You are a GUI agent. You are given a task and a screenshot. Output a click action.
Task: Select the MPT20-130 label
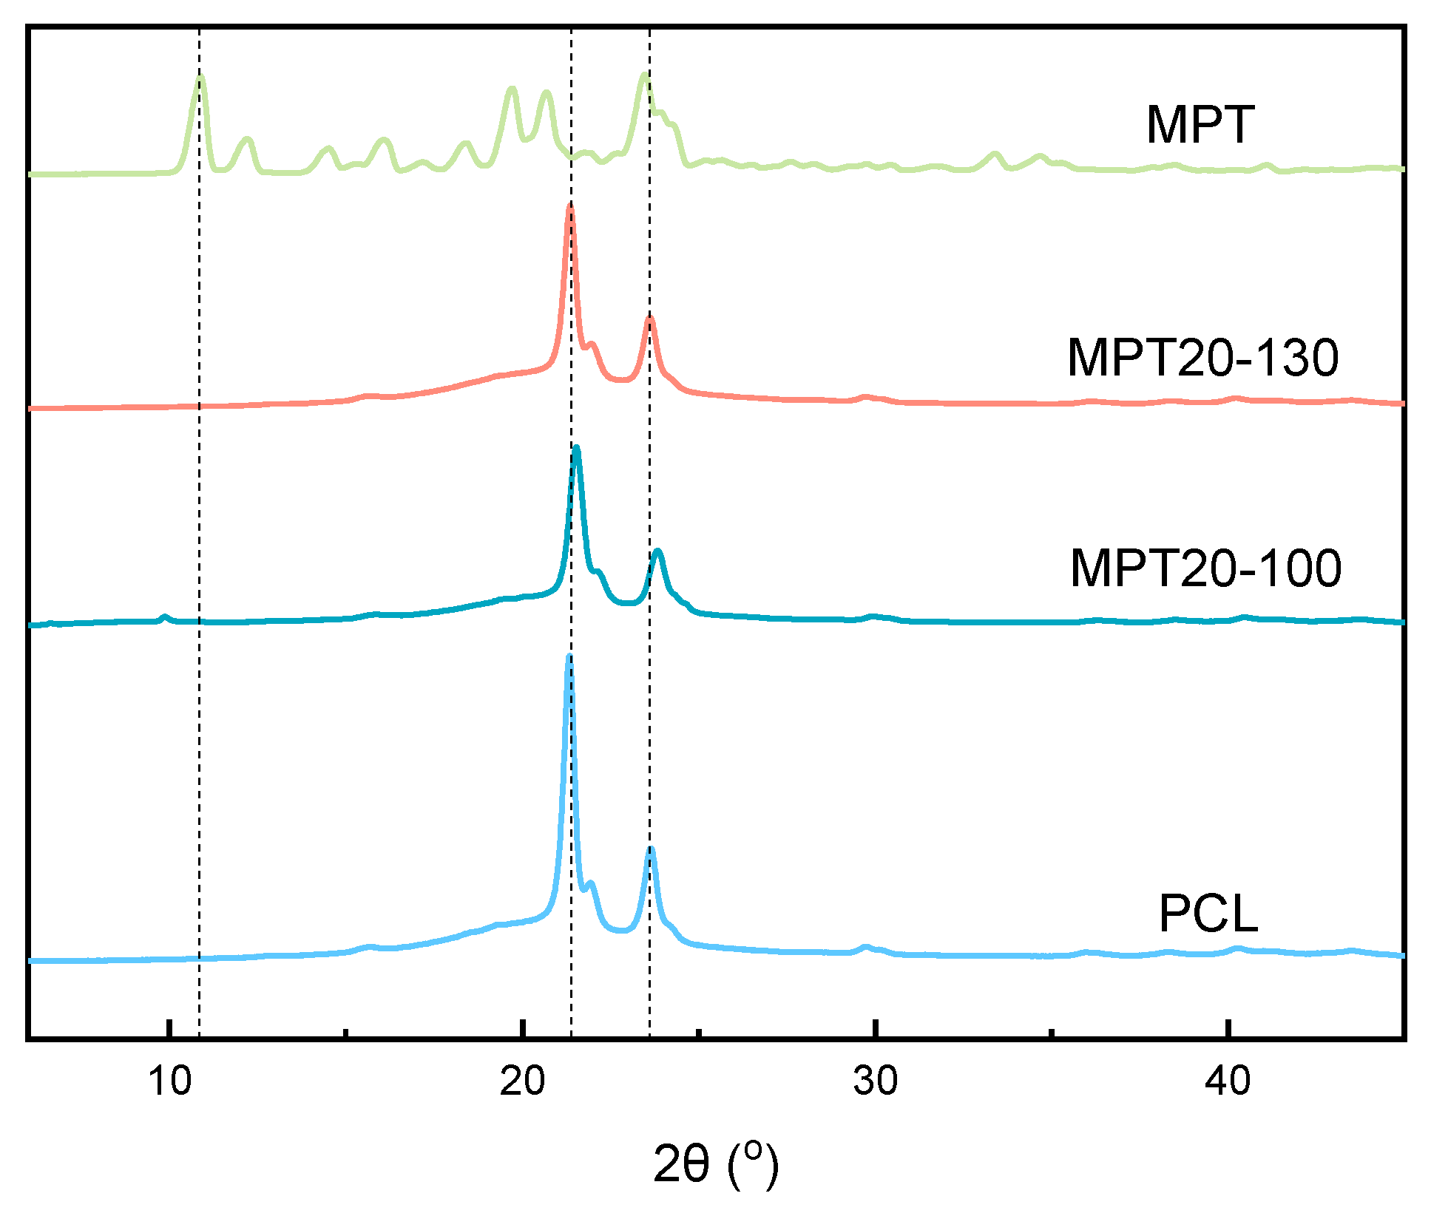click(1202, 358)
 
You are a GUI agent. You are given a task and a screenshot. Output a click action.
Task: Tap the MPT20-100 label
click(1205, 568)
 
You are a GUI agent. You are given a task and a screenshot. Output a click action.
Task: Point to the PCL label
click(1208, 914)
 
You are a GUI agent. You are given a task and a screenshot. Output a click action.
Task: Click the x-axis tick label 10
click(170, 1081)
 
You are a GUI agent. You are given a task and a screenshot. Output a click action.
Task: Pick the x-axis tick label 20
click(522, 1081)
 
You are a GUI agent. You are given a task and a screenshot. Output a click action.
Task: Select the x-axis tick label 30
click(875, 1081)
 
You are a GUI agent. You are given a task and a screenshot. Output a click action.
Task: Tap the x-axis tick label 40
click(1228, 1081)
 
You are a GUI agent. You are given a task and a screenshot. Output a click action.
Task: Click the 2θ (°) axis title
click(716, 1164)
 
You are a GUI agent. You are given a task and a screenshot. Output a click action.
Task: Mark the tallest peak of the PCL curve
click(569, 656)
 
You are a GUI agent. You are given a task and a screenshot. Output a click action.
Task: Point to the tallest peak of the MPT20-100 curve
click(576, 447)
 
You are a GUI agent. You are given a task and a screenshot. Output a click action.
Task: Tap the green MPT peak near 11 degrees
click(200, 77)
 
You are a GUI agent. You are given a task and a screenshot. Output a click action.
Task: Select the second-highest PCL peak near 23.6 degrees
click(650, 849)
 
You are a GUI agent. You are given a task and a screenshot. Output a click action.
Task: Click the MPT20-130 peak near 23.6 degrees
click(649, 318)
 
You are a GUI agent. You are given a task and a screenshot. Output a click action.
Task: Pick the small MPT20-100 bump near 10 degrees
click(165, 616)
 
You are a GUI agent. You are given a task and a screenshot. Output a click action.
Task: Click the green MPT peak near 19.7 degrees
click(511, 89)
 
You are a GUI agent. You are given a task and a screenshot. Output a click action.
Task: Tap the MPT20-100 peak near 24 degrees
click(657, 551)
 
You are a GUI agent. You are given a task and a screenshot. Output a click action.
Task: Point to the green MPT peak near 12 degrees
click(248, 139)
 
